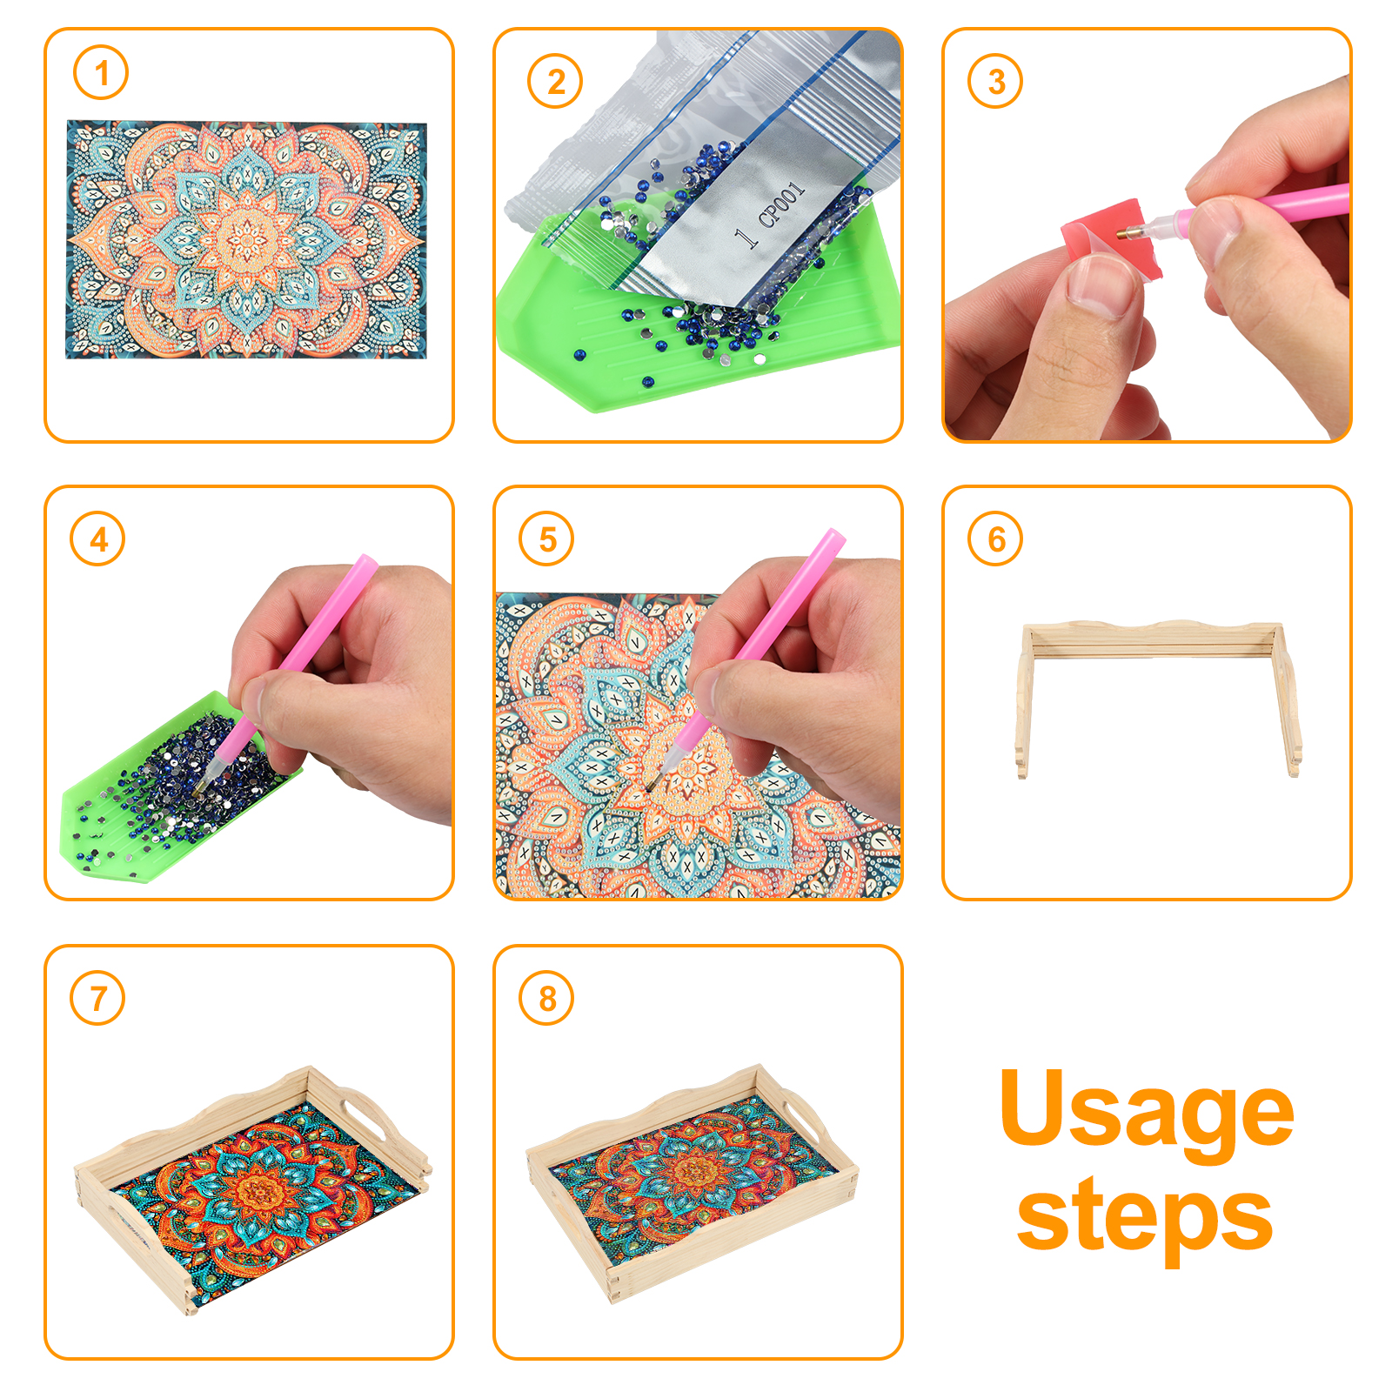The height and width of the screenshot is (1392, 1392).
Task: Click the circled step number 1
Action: point(101,73)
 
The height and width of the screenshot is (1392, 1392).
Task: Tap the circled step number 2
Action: point(555,82)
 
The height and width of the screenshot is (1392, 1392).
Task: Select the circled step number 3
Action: point(995,82)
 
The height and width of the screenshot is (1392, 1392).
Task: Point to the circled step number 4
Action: point(97,539)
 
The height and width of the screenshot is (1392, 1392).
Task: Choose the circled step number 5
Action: point(546,539)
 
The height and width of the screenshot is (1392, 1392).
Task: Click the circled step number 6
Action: point(995,539)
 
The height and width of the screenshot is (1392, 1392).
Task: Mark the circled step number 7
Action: point(97,998)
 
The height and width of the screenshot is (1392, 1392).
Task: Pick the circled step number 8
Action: point(546,998)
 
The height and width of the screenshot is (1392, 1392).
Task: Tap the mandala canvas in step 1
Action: point(246,239)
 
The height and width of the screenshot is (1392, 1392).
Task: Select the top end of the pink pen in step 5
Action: point(833,537)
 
